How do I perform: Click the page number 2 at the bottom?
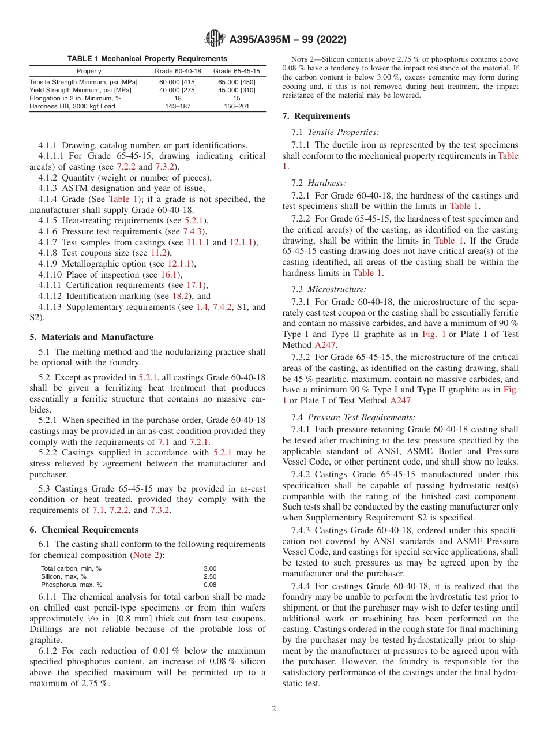tap(274, 709)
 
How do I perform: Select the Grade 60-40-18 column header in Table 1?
tap(178, 71)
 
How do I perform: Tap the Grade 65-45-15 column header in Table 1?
tap(237, 71)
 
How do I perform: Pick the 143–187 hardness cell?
tap(178, 106)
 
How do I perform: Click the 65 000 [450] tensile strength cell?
tap(237, 82)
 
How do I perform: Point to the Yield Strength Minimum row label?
tap(80, 90)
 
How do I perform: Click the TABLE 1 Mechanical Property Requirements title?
tap(147, 58)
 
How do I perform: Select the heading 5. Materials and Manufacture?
tap(91, 337)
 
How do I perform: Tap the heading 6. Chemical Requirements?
tap(84, 530)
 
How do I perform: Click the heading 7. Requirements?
tap(316, 116)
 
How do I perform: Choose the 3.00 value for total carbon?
tap(210, 568)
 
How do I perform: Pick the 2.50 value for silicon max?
tap(210, 576)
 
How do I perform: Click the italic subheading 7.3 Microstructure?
tap(337, 289)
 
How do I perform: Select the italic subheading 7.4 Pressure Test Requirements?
tap(361, 417)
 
